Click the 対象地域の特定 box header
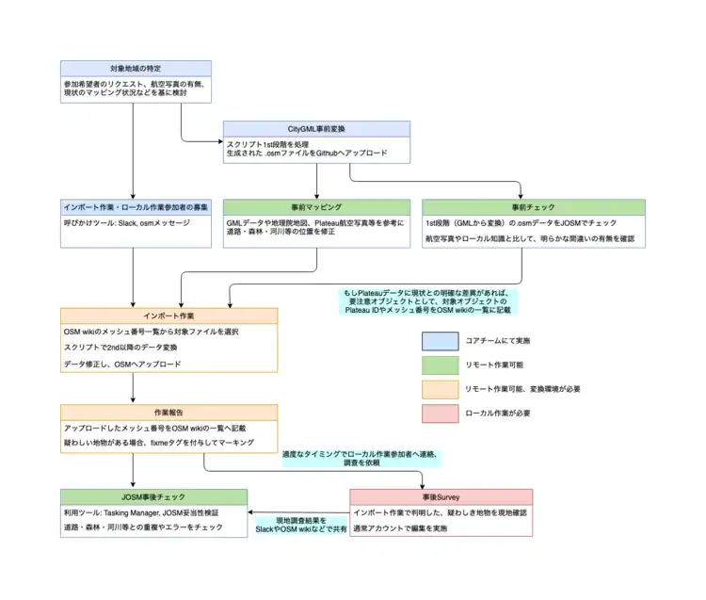click(x=135, y=69)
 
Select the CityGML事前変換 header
click(x=316, y=129)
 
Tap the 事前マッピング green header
click(x=315, y=206)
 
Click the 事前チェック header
click(x=533, y=206)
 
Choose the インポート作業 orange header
click(x=169, y=316)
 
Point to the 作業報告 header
click(x=169, y=413)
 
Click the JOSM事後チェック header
click(x=154, y=496)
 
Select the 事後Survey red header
click(x=441, y=496)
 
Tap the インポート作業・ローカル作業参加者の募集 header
click(x=135, y=206)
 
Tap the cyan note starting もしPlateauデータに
click(x=430, y=301)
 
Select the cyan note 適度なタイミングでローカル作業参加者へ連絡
click(x=361, y=459)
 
